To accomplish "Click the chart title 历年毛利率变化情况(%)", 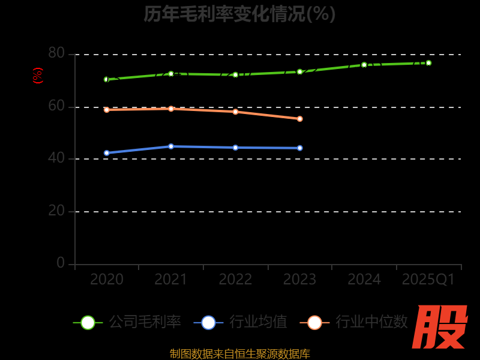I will [x=239, y=13].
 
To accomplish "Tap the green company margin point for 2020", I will [x=107, y=79].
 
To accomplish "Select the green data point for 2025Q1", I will [x=428, y=63].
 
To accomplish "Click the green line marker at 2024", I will [x=364, y=65].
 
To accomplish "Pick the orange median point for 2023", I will [x=300, y=119].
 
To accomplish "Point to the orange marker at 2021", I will [x=171, y=109].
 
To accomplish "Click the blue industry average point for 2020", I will [x=107, y=153].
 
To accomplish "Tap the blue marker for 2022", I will [x=235, y=148].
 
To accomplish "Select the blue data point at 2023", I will [x=300, y=148].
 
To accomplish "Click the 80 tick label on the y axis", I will [x=56, y=53].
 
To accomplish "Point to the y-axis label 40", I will [x=56, y=159].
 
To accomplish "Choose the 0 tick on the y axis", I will [x=61, y=263].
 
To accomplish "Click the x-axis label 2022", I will [x=235, y=280].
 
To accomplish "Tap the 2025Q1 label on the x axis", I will [x=428, y=280].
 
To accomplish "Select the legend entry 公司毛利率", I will [x=145, y=322].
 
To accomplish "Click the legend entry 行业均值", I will [x=258, y=322].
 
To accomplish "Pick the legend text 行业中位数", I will [x=371, y=322].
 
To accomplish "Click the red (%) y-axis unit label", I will [x=38, y=76].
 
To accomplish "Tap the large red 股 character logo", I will [x=440, y=327].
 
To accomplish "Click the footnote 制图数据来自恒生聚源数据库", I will [x=239, y=354].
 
